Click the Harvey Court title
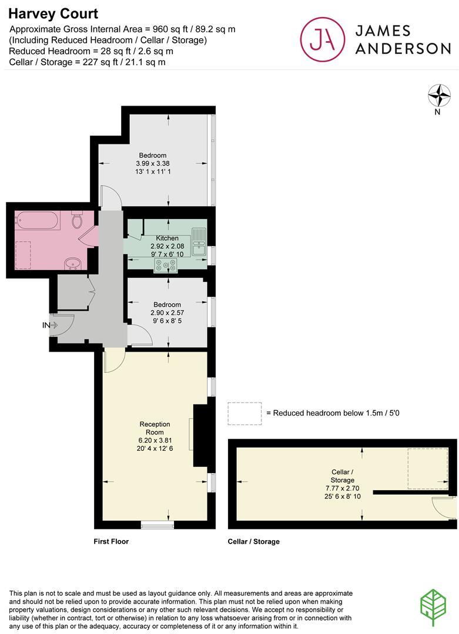pyautogui.click(x=53, y=14)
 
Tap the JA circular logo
pyautogui.click(x=323, y=39)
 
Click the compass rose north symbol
pyautogui.click(x=439, y=96)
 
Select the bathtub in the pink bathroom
pyautogui.click(x=38, y=220)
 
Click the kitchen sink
pyautogui.click(x=199, y=242)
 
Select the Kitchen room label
pyautogui.click(x=167, y=238)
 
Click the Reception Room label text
pyautogui.click(x=155, y=428)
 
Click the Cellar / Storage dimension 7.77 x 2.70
pyautogui.click(x=342, y=488)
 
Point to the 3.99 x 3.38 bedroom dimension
pyautogui.click(x=153, y=163)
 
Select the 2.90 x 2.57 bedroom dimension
pyautogui.click(x=167, y=312)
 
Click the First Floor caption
pyautogui.click(x=111, y=541)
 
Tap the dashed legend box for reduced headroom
pyautogui.click(x=244, y=414)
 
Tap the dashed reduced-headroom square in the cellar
pyautogui.click(x=427, y=468)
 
